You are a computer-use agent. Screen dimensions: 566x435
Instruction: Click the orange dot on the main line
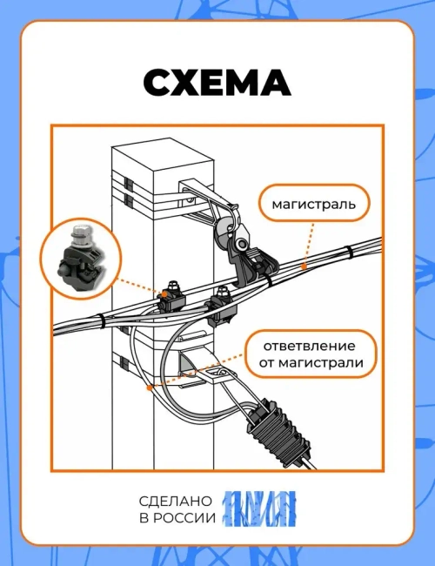(x=304, y=263)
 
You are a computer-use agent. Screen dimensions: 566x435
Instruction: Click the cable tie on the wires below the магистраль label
(x=349, y=253)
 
